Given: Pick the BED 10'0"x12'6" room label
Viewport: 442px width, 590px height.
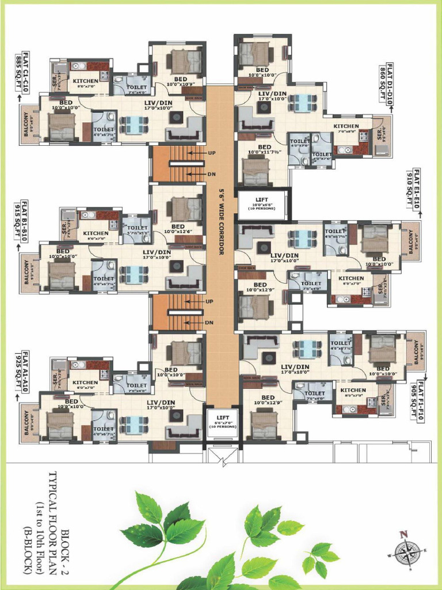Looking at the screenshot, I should tap(178, 229).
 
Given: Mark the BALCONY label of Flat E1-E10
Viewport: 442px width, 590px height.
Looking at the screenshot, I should tap(411, 242).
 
